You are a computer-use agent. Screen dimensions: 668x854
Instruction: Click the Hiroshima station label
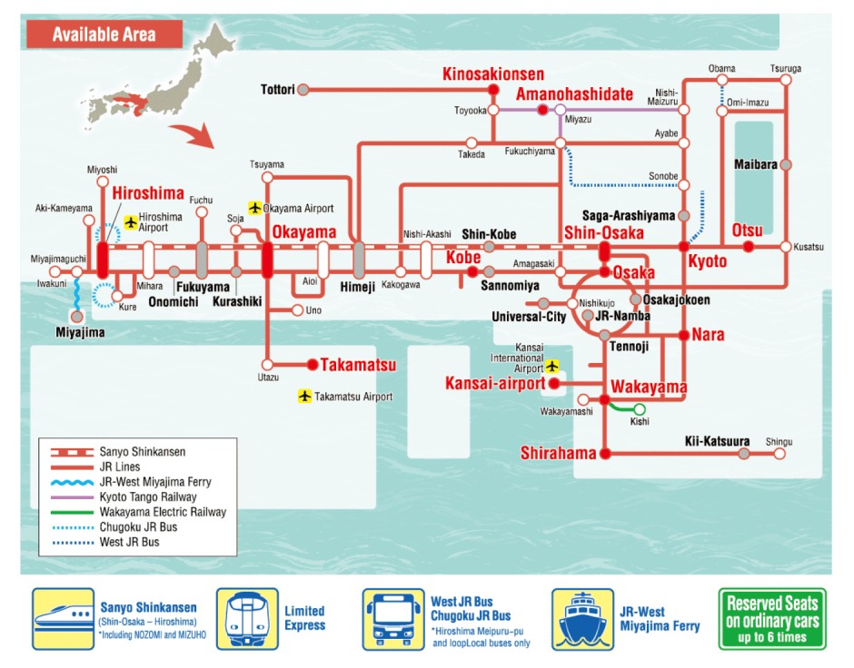[148, 193]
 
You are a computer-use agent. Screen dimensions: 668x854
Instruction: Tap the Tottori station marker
[303, 89]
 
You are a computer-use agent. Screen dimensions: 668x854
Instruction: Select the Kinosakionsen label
[493, 74]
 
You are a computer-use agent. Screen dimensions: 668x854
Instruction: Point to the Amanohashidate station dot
[542, 110]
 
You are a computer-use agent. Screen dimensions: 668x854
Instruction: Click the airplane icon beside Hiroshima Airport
[131, 221]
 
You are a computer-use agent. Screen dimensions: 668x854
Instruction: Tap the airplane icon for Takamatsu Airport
[304, 397]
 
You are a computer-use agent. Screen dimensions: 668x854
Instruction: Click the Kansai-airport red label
[495, 383]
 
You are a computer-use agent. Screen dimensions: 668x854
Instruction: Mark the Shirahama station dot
[605, 453]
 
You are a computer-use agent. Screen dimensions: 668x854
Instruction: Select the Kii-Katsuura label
[717, 442]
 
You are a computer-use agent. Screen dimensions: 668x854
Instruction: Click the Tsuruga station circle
[786, 80]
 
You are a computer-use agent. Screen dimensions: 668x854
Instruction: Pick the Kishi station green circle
[640, 409]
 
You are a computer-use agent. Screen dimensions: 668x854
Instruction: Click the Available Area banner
[104, 34]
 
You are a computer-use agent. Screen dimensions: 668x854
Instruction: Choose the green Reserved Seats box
[772, 619]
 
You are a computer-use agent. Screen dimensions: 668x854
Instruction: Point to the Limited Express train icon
[247, 618]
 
